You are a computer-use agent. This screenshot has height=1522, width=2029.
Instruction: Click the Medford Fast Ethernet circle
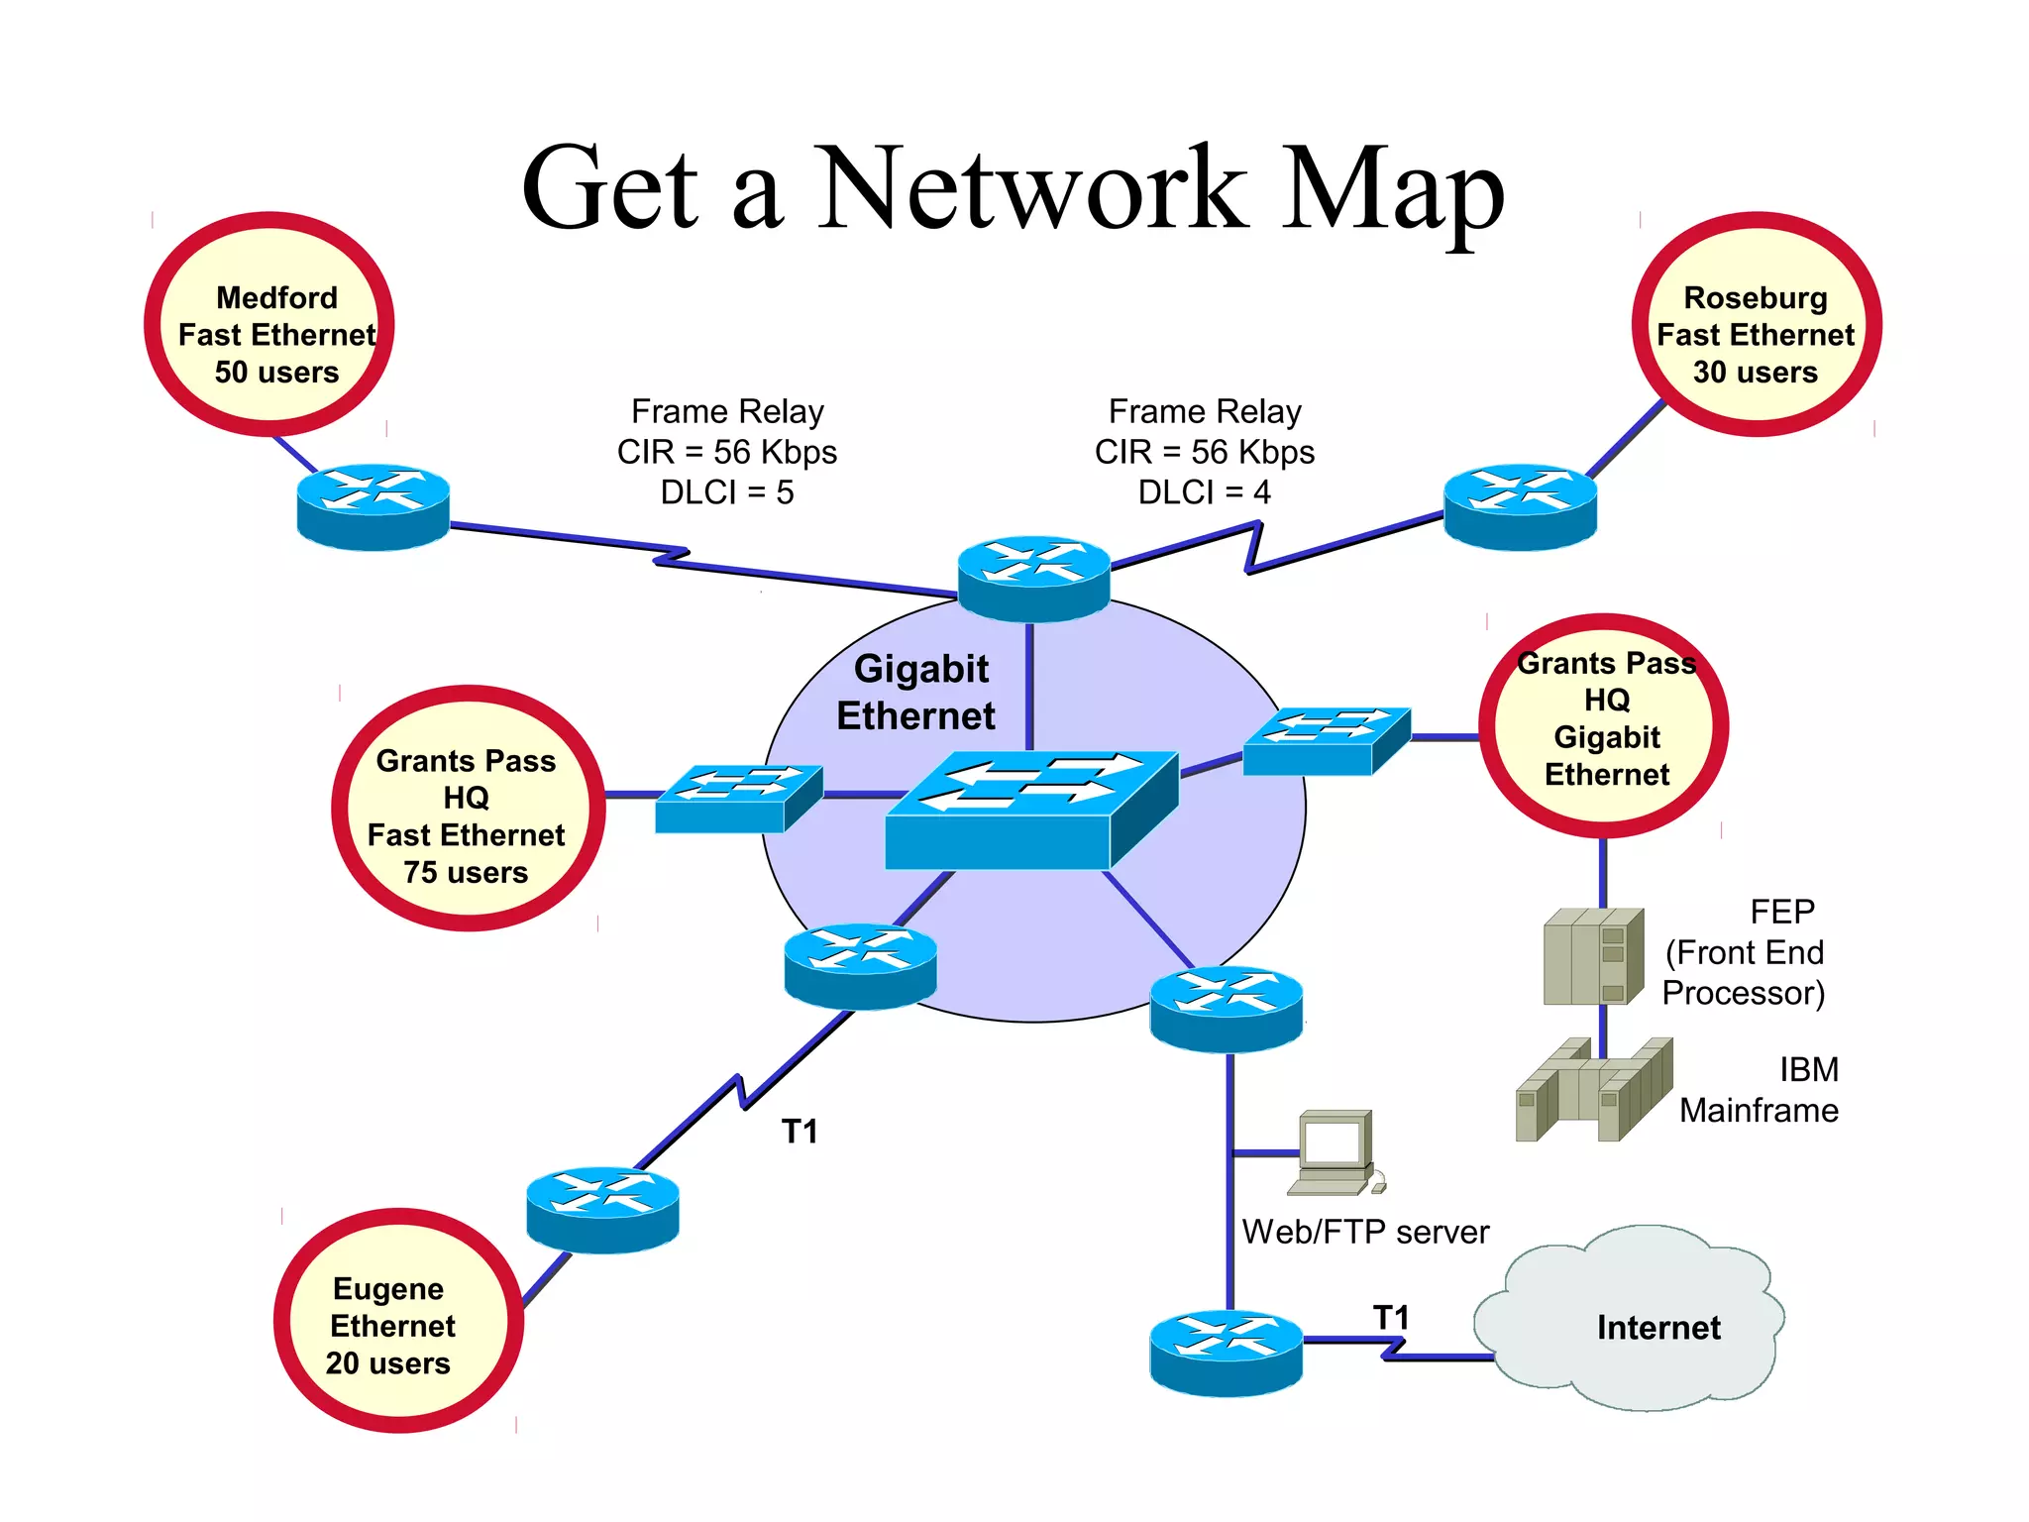[269, 325]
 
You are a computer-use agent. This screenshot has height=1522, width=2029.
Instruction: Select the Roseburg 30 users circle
[1756, 325]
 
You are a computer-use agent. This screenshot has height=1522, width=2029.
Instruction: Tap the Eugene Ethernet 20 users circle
[398, 1320]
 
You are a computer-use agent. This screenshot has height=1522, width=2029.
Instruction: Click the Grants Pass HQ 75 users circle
[468, 809]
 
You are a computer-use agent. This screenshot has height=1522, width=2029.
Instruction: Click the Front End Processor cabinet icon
[1591, 956]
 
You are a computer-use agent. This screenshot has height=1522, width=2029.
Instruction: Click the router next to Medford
[374, 506]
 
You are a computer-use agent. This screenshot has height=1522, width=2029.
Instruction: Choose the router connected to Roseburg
[1520, 506]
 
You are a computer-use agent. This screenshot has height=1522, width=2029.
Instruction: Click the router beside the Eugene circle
[602, 1210]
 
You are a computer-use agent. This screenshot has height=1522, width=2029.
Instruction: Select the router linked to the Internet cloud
[1226, 1353]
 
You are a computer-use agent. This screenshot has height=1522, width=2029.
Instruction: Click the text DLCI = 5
[727, 492]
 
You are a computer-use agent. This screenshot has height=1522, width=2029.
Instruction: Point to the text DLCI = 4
[1204, 492]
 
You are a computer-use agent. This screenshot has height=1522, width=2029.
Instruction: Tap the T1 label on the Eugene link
[800, 1132]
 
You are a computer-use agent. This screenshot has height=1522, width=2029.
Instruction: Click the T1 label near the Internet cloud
[1391, 1317]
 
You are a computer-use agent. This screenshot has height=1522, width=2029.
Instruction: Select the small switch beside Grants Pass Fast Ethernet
[737, 798]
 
